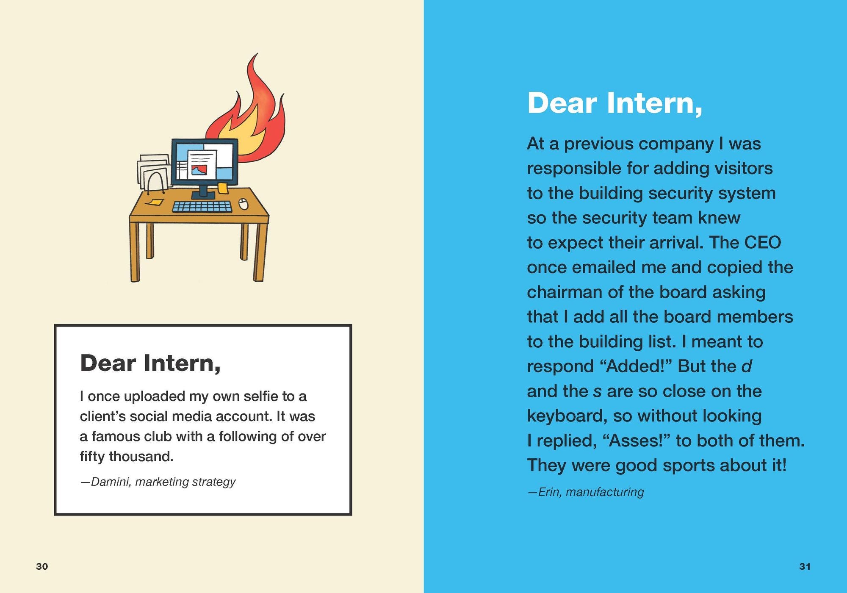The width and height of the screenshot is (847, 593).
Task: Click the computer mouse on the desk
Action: click(243, 204)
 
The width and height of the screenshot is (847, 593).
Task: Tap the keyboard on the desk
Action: click(202, 207)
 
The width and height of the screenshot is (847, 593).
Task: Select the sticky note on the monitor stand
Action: click(223, 188)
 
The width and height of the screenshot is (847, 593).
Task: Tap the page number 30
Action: click(42, 566)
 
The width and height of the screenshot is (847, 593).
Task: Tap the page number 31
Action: click(805, 566)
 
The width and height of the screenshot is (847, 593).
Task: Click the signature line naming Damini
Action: click(158, 482)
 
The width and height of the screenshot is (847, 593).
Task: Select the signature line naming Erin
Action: click(585, 492)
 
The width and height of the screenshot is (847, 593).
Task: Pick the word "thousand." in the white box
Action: click(141, 457)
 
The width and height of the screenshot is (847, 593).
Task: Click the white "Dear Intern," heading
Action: click(614, 103)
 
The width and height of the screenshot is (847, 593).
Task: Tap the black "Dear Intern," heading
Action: click(150, 363)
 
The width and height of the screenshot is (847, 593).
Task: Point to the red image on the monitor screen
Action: click(199, 169)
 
